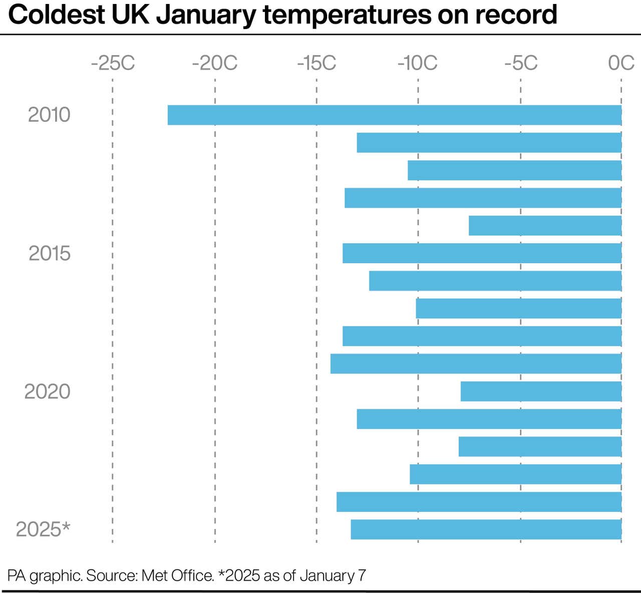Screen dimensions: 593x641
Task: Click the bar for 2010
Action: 395,115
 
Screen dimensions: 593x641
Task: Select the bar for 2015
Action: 482,253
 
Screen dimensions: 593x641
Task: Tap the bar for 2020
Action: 541,391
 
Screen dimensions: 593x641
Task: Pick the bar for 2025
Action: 486,529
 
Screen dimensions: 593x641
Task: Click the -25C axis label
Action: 113,64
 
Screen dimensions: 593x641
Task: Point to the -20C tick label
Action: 215,64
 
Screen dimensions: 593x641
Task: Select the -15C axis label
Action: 316,64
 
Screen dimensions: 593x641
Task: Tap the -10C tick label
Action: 418,64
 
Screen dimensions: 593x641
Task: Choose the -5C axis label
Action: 521,64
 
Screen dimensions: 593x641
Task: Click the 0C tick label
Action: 621,64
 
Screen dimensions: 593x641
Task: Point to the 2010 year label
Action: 49,115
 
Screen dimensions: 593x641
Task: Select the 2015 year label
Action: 49,254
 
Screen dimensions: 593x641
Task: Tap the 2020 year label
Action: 47,391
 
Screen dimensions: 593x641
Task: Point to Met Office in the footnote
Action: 178,575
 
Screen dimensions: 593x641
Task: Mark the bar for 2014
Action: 545,226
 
